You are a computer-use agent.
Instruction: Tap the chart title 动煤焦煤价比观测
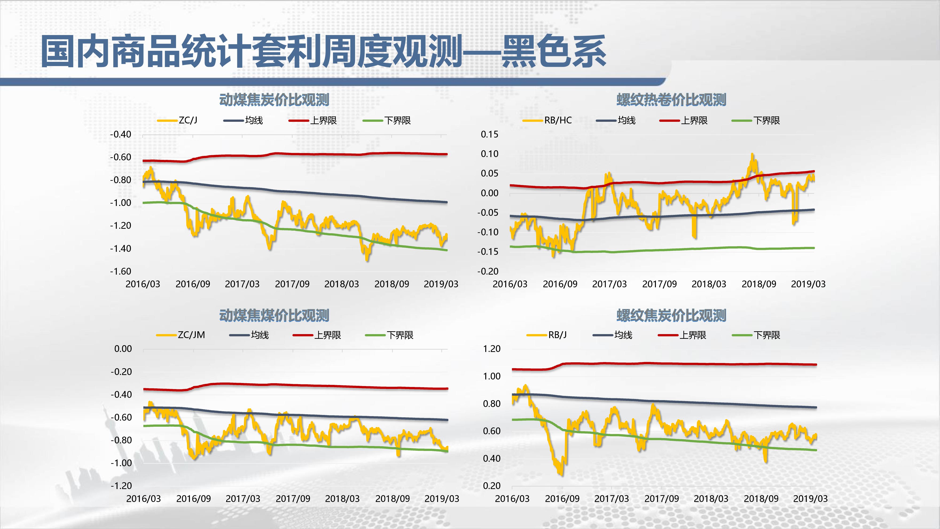[274, 315]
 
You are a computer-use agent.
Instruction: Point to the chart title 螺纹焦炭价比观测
[671, 315]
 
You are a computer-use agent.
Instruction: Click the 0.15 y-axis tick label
[489, 134]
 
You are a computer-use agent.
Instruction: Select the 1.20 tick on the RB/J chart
[492, 349]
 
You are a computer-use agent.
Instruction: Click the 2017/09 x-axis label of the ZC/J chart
[292, 284]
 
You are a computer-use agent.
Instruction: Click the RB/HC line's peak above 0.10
[752, 155]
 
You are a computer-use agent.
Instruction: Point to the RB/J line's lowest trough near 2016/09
[561, 474]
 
